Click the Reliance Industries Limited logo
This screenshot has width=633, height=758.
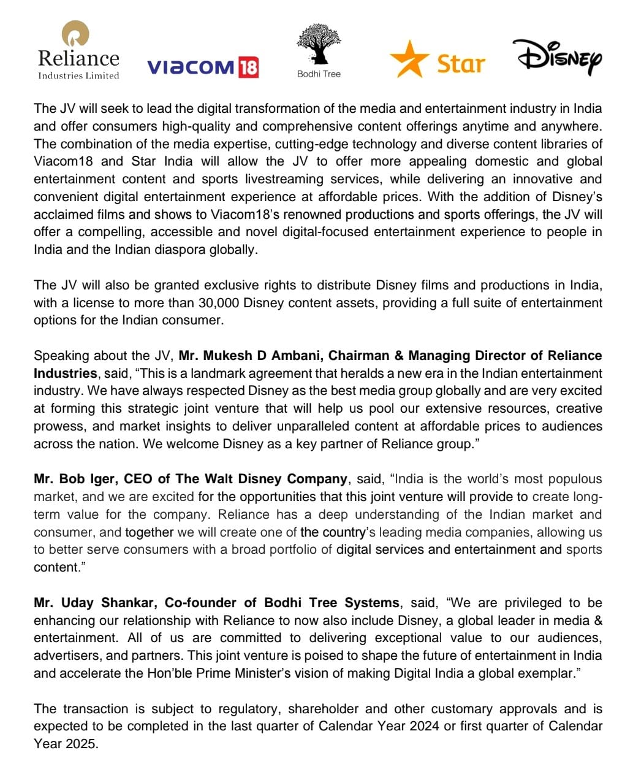(x=78, y=50)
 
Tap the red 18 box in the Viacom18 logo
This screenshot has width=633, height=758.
(x=248, y=67)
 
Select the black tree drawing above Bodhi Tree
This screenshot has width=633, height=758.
(x=318, y=44)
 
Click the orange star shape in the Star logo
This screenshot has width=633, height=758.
(x=409, y=59)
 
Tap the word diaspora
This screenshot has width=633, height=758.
(x=173, y=250)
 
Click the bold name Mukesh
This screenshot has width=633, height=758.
(x=227, y=356)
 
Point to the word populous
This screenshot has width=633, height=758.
(x=573, y=479)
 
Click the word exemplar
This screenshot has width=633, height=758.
(x=544, y=673)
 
